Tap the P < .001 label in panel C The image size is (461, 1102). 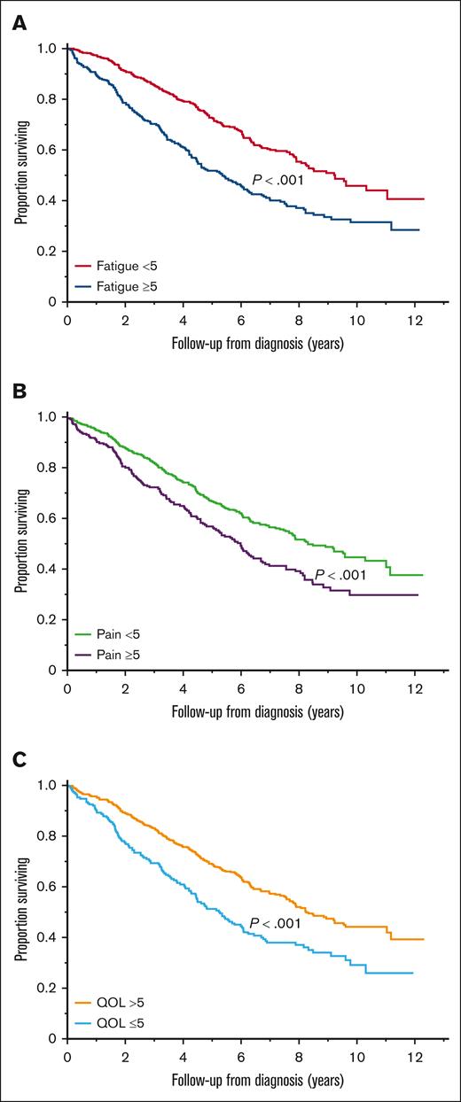tap(280, 923)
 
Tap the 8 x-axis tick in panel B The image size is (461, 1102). tap(299, 686)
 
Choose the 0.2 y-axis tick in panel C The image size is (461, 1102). tap(50, 988)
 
